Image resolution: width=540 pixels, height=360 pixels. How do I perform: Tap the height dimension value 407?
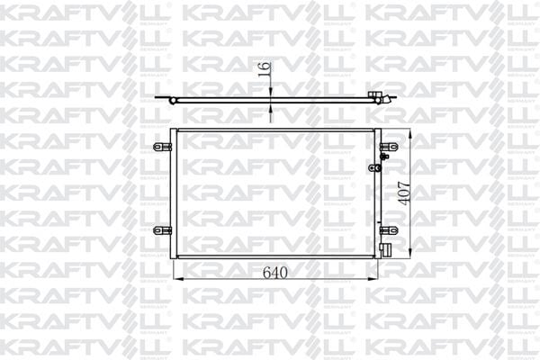point(403,189)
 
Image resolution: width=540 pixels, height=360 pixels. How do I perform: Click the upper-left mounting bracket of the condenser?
point(162,145)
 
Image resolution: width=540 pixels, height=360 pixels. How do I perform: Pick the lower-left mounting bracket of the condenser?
point(162,230)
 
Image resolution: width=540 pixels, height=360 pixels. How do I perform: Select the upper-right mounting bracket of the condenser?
point(388,148)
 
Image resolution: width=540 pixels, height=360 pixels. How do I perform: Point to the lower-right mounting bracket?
point(388,230)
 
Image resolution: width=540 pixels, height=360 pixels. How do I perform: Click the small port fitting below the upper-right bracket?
point(382,166)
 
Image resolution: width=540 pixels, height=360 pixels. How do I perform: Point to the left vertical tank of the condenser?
point(174,193)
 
